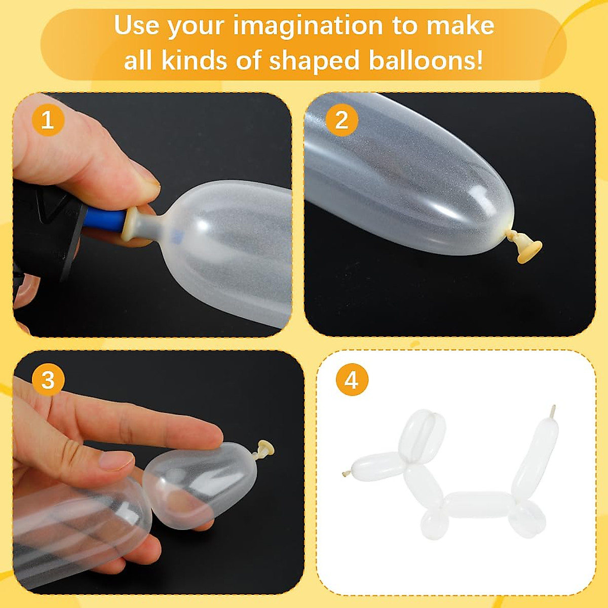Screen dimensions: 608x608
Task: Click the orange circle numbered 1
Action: pyautogui.click(x=48, y=120)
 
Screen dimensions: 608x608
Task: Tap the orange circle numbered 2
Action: pyautogui.click(x=341, y=120)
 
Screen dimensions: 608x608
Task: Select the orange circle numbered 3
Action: pyautogui.click(x=48, y=380)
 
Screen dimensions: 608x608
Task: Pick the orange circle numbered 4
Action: pyautogui.click(x=352, y=380)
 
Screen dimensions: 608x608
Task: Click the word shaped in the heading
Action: pyautogui.click(x=314, y=61)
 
